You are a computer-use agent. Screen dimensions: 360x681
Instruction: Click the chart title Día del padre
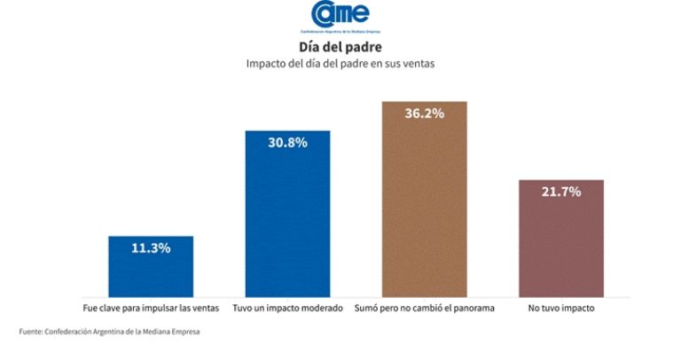tap(340, 47)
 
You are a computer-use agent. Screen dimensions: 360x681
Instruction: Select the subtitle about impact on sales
tap(340, 64)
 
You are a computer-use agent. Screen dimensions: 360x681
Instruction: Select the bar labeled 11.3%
tap(151, 266)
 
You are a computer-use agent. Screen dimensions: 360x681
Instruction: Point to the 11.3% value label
tap(151, 247)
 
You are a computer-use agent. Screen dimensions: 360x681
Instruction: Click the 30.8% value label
tap(287, 142)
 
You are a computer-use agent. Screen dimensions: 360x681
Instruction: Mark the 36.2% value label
tap(424, 113)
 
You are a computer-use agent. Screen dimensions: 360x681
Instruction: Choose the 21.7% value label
tap(560, 192)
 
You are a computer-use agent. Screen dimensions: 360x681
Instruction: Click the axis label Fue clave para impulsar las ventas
tap(151, 308)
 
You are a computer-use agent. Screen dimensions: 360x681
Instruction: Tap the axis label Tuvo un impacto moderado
tap(287, 308)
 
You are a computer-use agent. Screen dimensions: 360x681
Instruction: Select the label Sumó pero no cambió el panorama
tap(424, 308)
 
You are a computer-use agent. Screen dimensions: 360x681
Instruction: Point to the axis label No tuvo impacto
tap(560, 308)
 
